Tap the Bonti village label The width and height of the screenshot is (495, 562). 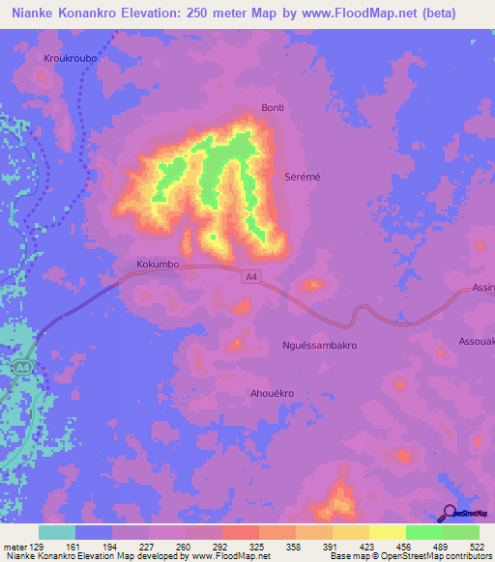273,108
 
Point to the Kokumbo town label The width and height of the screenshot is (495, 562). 158,263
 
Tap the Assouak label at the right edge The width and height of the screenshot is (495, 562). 476,341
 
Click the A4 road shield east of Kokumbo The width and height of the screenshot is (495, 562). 251,277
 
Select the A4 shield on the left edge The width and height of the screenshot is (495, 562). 21,367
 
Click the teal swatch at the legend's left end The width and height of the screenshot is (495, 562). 57,532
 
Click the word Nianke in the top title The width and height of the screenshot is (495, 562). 29,14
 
